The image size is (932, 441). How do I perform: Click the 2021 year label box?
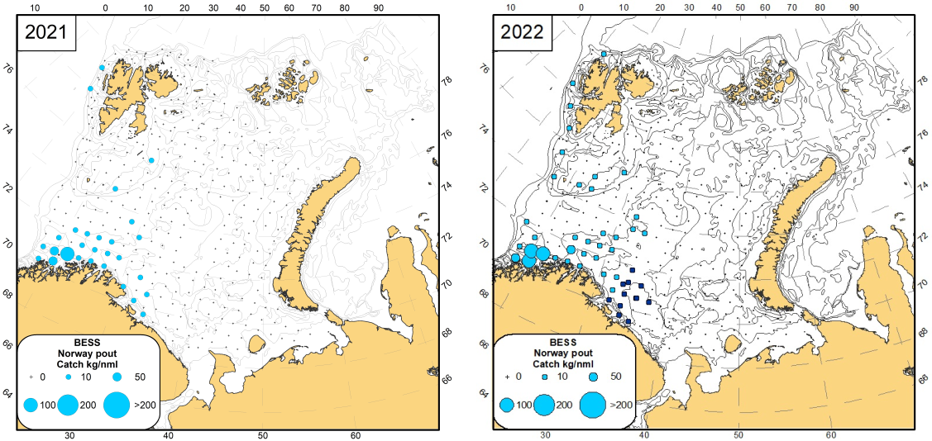(46, 32)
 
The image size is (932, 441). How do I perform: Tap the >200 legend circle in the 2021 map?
(117, 405)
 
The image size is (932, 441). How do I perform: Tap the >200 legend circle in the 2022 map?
(595, 405)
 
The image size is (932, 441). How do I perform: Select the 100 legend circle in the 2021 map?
(31, 405)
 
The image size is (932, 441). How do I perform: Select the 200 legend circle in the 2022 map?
(543, 405)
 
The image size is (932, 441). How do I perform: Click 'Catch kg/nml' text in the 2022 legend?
(562, 363)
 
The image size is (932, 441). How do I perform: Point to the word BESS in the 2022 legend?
(562, 341)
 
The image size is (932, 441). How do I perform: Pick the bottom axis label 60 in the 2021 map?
(355, 435)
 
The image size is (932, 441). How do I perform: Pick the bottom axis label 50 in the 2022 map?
(738, 435)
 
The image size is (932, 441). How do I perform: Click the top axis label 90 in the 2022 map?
(854, 6)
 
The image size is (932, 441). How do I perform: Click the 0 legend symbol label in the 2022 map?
(519, 376)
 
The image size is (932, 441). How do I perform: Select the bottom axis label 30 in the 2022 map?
(544, 435)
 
